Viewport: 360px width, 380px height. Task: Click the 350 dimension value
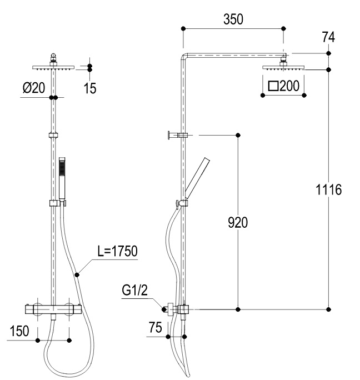point(233,19)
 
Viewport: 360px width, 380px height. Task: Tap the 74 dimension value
point(328,37)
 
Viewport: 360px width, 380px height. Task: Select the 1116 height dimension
point(328,189)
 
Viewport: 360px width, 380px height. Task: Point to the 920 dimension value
point(238,222)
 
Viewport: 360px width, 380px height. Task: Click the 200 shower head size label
point(289,86)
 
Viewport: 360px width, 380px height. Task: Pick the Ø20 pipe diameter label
point(34,87)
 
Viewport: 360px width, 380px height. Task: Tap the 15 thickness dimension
point(89,88)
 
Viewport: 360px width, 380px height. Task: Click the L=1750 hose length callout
point(117,251)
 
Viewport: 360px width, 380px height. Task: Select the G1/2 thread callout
point(134,290)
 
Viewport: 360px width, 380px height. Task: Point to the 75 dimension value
point(156,327)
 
